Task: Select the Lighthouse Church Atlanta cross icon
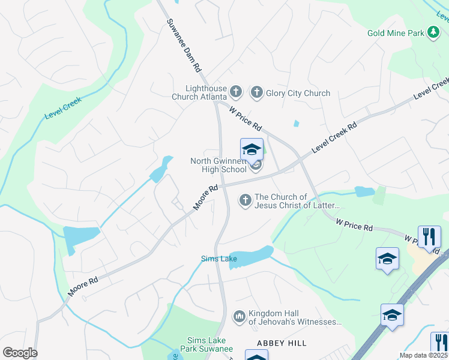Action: tap(236, 92)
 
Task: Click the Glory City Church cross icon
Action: tap(256, 92)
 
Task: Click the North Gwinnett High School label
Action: tap(218, 165)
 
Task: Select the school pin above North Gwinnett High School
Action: tap(252, 149)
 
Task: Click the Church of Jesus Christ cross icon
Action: tap(245, 200)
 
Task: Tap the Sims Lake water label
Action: tap(218, 259)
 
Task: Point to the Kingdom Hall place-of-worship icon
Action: tap(239, 316)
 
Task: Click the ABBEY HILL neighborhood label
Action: tap(282, 343)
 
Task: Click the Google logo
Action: tap(20, 352)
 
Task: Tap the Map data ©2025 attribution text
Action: tap(423, 355)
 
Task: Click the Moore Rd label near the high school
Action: tap(205, 198)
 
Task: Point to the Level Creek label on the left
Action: tap(62, 107)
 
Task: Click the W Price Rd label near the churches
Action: tap(246, 118)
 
